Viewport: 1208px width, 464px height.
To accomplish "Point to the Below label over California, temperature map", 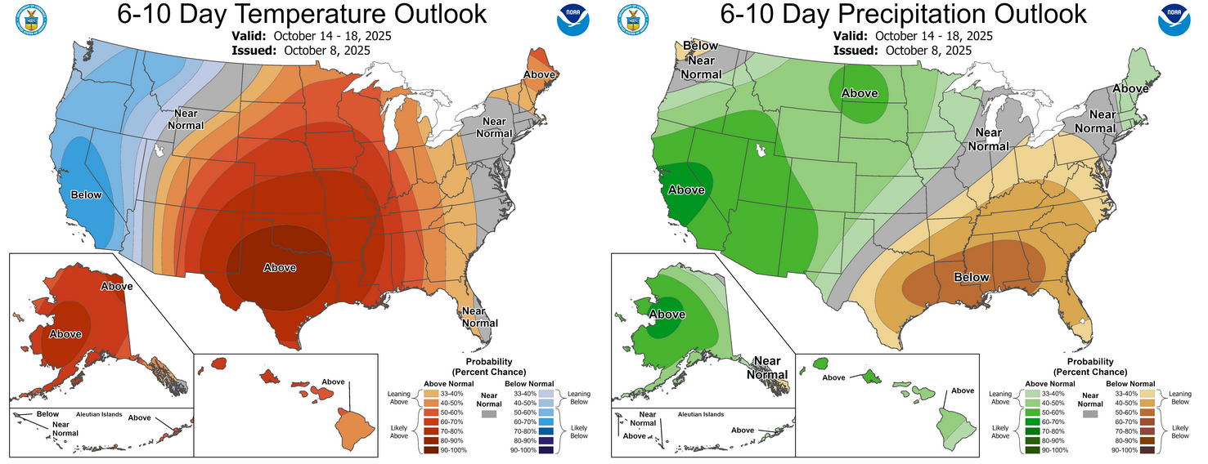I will point(86,194).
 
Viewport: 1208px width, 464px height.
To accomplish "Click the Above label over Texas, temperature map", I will point(280,267).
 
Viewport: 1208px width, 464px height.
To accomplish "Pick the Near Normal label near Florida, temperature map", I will point(474,316).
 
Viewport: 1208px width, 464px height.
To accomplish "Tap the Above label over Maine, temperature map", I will point(540,74).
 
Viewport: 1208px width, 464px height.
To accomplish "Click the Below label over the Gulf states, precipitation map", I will point(972,277).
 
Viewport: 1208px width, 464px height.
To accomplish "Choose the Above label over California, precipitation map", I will point(686,190).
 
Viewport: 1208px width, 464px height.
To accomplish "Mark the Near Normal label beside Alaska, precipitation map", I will point(766,368).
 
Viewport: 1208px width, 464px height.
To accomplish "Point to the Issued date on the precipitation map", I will point(902,50).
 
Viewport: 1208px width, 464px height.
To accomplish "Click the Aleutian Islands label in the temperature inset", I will point(97,414).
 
